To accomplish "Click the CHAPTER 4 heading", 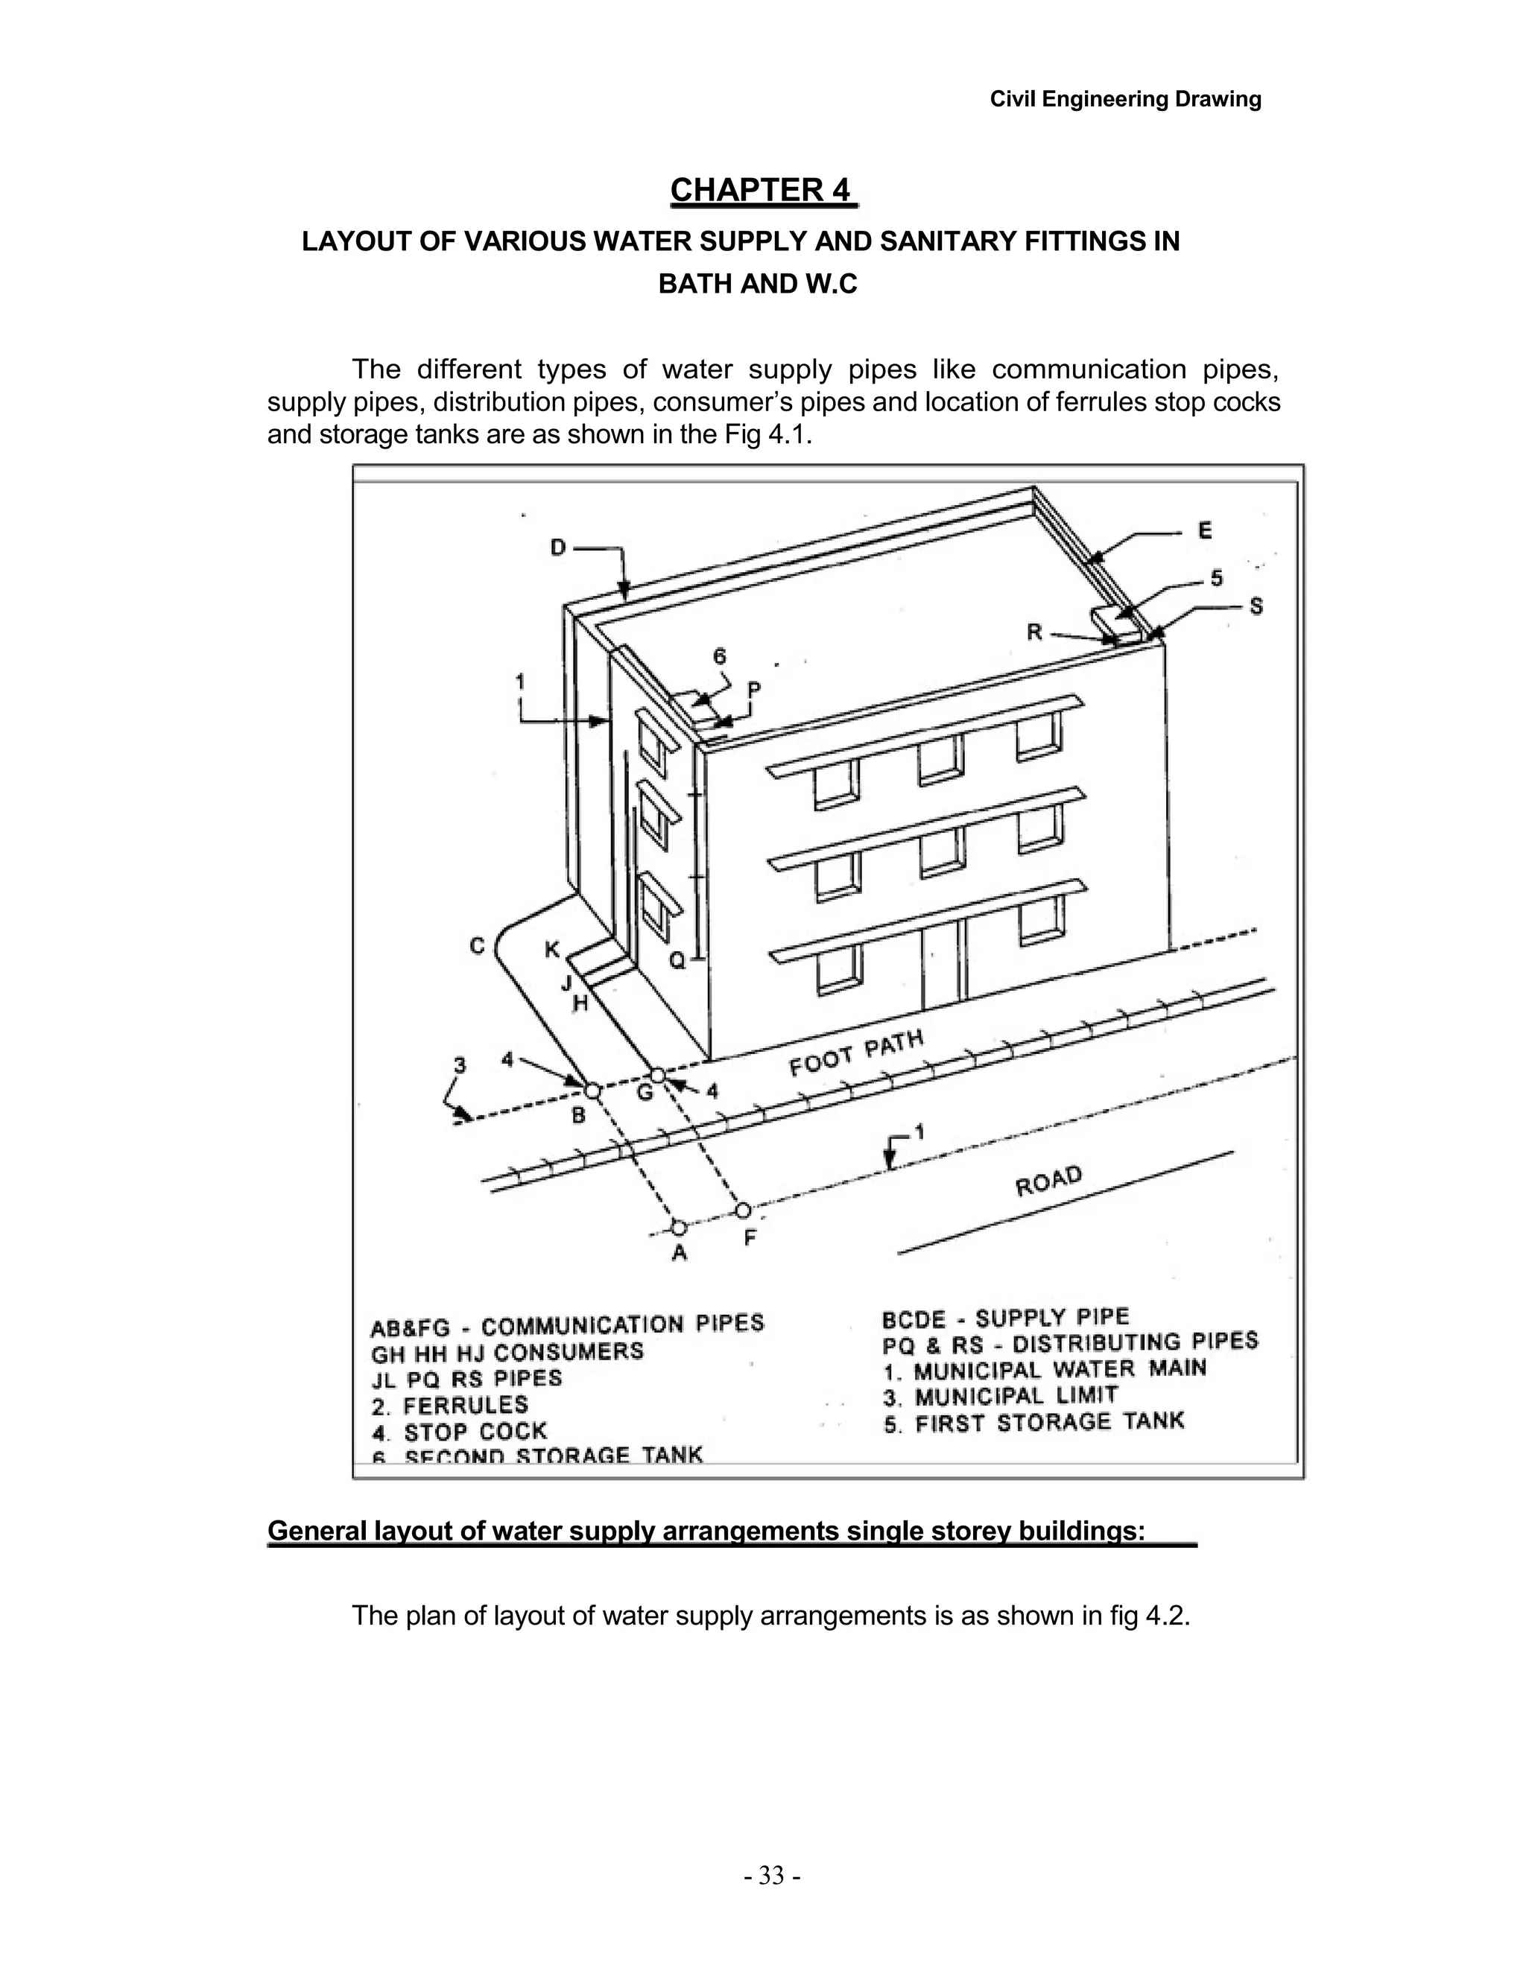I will (x=762, y=191).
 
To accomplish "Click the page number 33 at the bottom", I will (x=771, y=1876).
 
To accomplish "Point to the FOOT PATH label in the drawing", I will (x=856, y=1054).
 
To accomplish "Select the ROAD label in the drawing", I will (x=1048, y=1181).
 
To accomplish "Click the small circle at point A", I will (x=679, y=1227).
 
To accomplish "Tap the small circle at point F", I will (x=743, y=1209).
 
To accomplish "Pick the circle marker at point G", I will (x=658, y=1075).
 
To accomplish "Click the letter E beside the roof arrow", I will (x=1205, y=530).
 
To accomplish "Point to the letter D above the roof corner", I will (x=558, y=548).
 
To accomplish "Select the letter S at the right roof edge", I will (x=1256, y=606).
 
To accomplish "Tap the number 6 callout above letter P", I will (x=720, y=656).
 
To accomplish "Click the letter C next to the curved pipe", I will (x=478, y=945).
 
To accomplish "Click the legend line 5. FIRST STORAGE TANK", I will (x=1033, y=1423).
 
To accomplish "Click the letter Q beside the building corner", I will (x=677, y=961).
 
